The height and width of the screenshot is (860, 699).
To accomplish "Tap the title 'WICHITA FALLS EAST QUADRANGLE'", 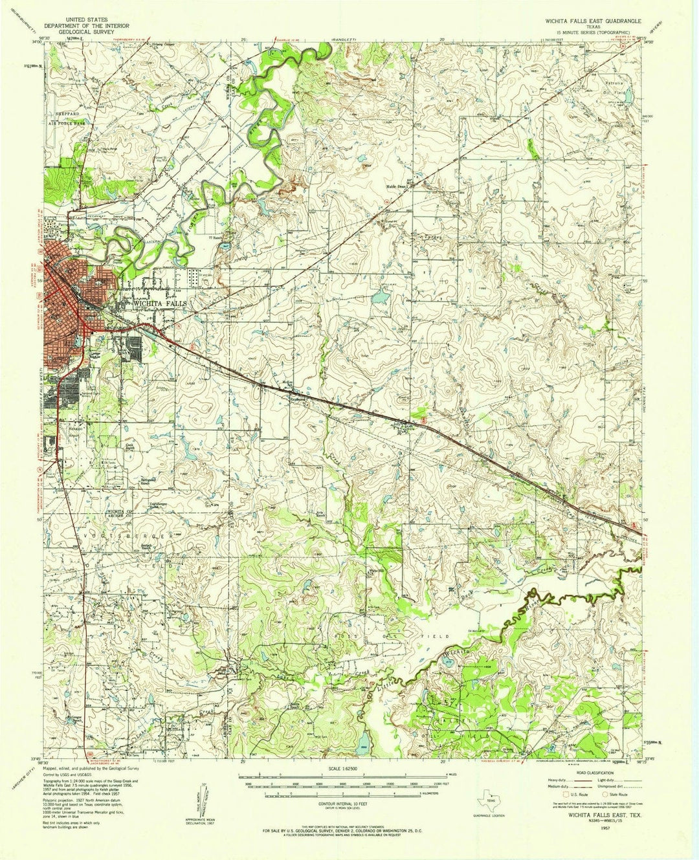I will pyautogui.click(x=584, y=21).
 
